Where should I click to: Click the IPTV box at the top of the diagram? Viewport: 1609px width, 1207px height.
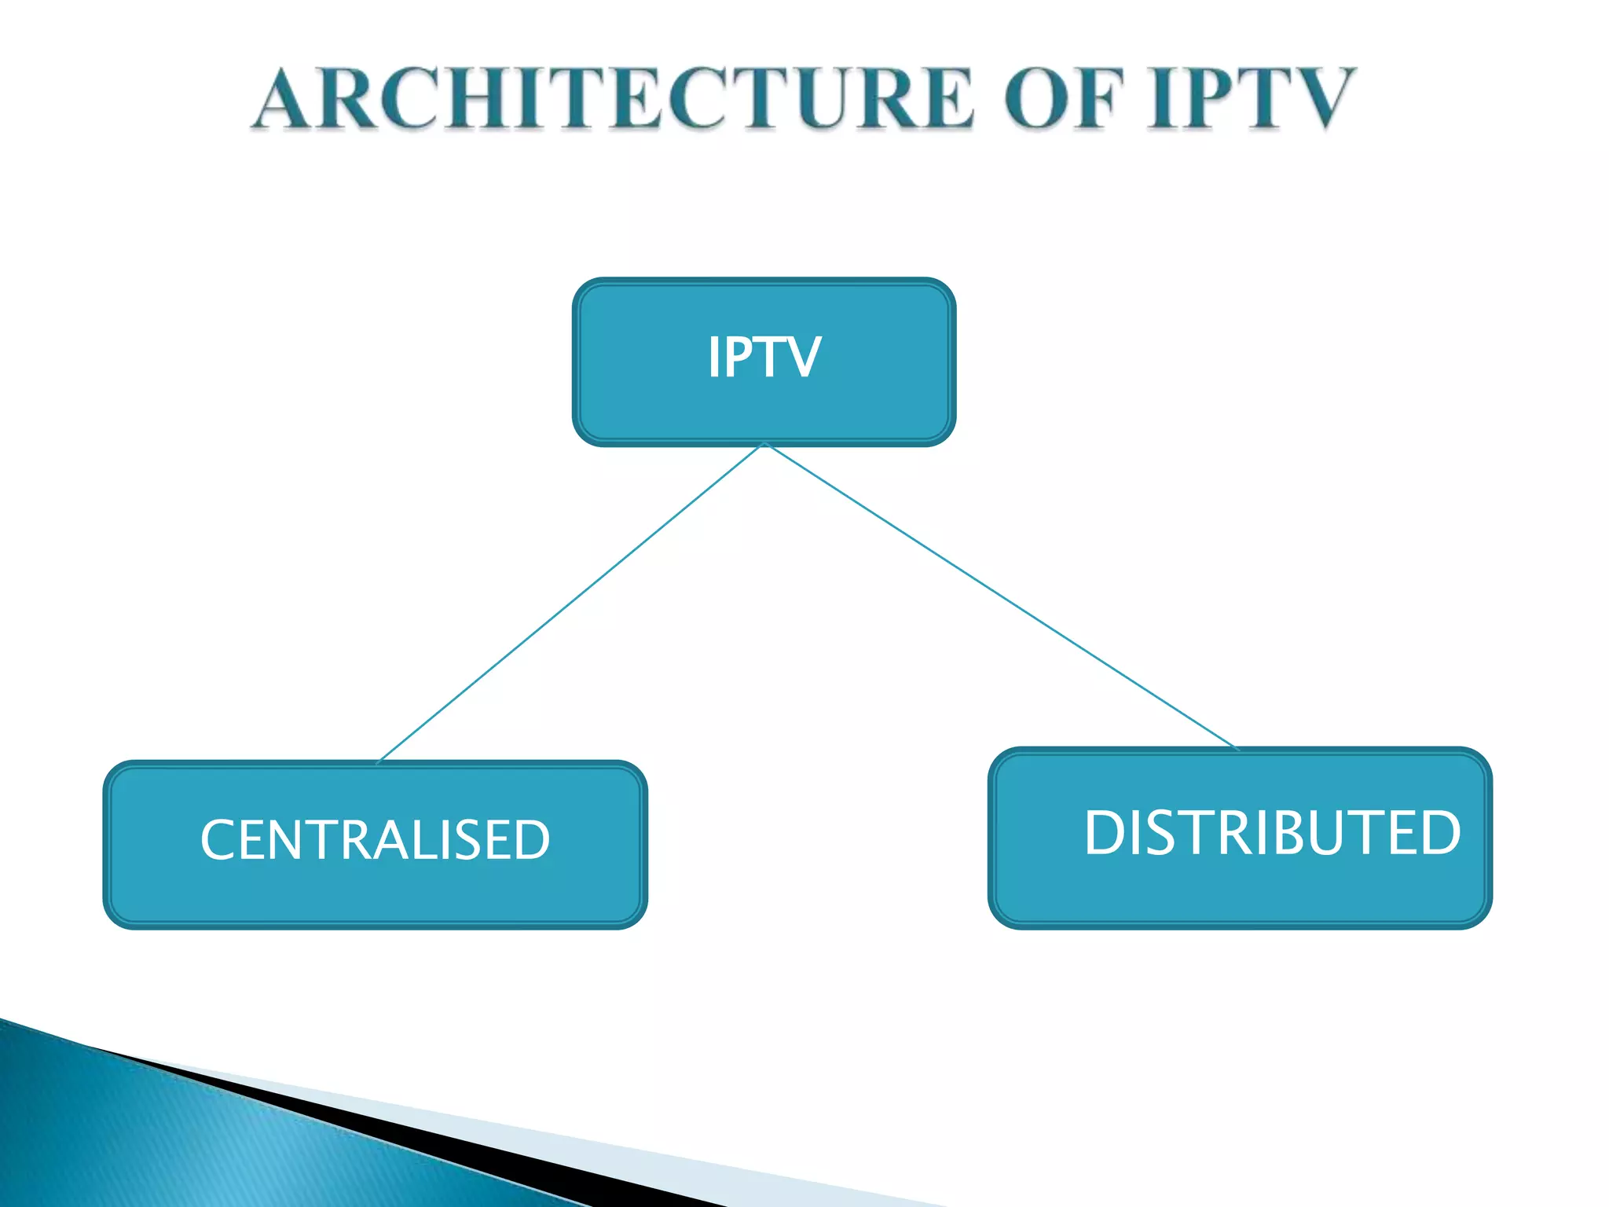[764, 361]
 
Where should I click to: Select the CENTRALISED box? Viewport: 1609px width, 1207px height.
[375, 845]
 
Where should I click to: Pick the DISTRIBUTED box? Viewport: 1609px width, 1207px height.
[1240, 838]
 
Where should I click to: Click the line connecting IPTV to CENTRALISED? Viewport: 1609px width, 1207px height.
[572, 602]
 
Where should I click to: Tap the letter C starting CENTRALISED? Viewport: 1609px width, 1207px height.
[217, 840]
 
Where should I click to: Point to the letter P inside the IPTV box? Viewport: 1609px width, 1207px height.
[739, 358]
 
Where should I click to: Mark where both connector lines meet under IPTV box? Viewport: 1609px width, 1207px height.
[764, 445]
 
